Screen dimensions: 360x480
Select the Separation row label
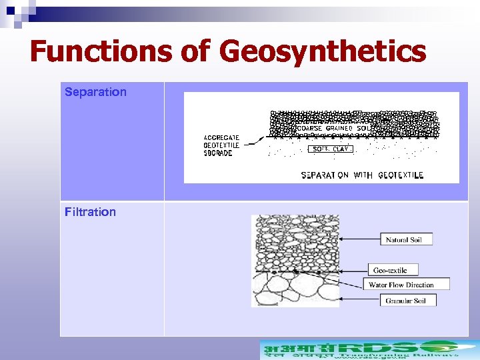point(95,92)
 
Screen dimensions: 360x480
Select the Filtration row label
point(90,212)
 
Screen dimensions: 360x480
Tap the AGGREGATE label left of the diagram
point(221,137)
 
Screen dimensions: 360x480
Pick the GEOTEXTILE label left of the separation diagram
point(221,145)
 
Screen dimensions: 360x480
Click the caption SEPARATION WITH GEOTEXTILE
point(362,175)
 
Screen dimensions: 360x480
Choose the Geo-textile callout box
point(393,270)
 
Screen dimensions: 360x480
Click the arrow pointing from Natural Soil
point(360,239)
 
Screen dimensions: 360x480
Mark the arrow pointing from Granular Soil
point(360,300)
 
